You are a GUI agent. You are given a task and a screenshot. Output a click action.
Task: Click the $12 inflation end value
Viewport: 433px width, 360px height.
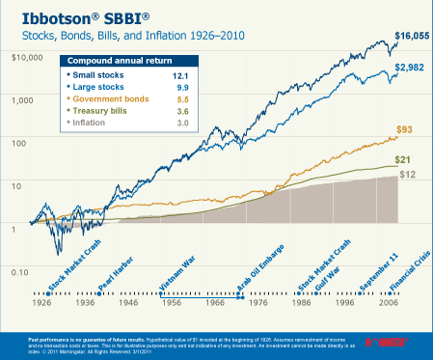[x=409, y=175]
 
